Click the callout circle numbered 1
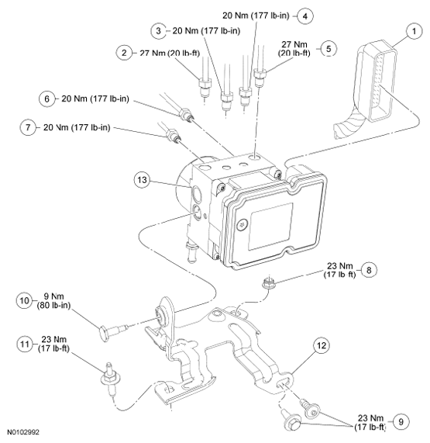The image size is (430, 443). [x=414, y=31]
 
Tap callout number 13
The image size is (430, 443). [x=142, y=180]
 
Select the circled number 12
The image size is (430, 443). [x=322, y=345]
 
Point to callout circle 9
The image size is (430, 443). [x=401, y=421]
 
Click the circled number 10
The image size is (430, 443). [x=24, y=300]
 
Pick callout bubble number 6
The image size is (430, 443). [x=46, y=99]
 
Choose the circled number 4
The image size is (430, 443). [x=305, y=16]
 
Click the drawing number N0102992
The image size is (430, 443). [x=23, y=432]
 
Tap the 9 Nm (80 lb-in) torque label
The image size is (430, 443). [x=53, y=300]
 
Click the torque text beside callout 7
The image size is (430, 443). [x=77, y=127]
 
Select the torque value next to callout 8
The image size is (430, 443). [x=339, y=270]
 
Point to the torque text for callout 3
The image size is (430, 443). [x=206, y=30]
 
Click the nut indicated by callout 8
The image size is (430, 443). [x=267, y=282]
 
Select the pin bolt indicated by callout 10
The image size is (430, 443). [x=113, y=331]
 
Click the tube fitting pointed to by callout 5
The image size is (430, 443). [x=260, y=76]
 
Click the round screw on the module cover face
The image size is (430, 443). [x=243, y=225]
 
